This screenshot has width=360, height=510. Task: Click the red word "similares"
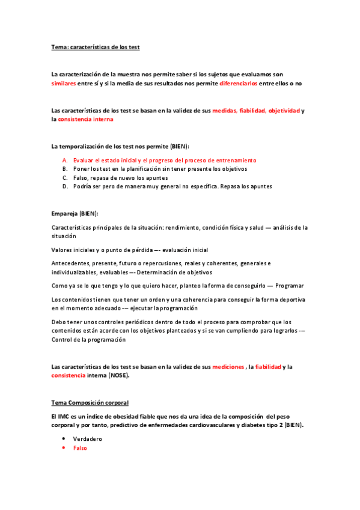click(64, 84)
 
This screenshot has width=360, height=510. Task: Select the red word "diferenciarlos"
click(238, 84)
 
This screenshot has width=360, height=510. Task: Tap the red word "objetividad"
click(284, 111)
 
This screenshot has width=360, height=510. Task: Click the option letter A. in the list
click(65, 161)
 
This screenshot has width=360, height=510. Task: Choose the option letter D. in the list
click(65, 186)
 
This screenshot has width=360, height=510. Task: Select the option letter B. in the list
click(65, 169)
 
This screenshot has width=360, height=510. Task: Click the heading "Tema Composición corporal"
click(90, 402)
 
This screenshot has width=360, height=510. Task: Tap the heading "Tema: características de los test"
click(96, 47)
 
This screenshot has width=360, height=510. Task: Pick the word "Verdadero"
click(88, 439)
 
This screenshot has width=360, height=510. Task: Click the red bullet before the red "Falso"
click(63, 448)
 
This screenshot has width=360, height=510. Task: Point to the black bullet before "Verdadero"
click(63, 439)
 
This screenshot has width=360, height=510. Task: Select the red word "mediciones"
click(228, 366)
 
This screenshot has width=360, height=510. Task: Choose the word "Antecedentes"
click(73, 263)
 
